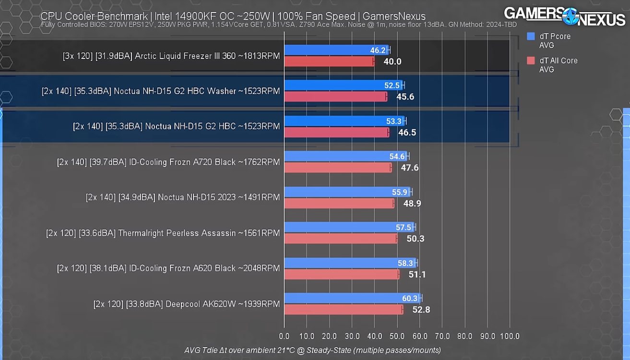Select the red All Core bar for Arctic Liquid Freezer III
[329, 61]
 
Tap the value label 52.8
[421, 310]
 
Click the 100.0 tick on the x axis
[510, 336]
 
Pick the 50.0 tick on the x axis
[397, 336]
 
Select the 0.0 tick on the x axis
[284, 336]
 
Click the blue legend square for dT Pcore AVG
[531, 36]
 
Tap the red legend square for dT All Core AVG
[531, 60]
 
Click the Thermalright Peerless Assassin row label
[163, 233]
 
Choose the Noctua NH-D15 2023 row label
[182, 197]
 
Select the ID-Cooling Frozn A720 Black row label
[168, 162]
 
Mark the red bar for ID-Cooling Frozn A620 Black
[341, 274]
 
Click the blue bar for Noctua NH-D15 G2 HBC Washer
[344, 85]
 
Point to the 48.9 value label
[412, 204]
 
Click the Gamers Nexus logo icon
[570, 16]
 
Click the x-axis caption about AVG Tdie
[312, 350]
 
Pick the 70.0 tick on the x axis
[442, 336]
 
